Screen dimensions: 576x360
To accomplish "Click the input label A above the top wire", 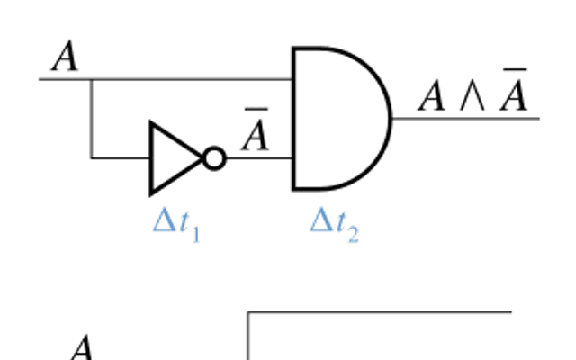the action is click(x=65, y=56).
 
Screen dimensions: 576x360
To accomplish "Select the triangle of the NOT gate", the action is click(x=173, y=158).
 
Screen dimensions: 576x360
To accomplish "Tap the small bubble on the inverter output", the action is click(x=214, y=158).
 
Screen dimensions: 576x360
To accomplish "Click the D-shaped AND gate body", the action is click(x=342, y=119).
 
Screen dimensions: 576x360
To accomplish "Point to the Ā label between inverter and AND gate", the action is click(x=256, y=130).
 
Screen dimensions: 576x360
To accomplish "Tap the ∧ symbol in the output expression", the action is click(x=472, y=97).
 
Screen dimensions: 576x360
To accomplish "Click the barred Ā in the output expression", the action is click(x=514, y=90).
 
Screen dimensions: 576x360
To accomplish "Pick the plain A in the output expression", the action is click(x=432, y=96).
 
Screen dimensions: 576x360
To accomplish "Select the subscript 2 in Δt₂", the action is click(x=354, y=234).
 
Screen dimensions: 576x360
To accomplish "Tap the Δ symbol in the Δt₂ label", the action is click(x=321, y=220).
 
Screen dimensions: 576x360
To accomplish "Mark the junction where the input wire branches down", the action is click(x=92, y=79).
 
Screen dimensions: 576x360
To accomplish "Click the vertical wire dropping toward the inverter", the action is click(x=92, y=119).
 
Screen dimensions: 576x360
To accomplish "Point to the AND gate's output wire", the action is click(x=466, y=119).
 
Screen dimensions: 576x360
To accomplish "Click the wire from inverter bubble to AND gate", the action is click(x=259, y=158).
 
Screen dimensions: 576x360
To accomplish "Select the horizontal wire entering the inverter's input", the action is click(x=121, y=158).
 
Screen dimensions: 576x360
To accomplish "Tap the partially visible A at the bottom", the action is click(x=82, y=347).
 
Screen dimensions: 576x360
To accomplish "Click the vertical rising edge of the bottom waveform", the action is click(x=248, y=336).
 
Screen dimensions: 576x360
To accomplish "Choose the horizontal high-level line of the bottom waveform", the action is click(x=380, y=312).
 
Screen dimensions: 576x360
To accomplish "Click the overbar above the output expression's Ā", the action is click(x=515, y=69).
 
